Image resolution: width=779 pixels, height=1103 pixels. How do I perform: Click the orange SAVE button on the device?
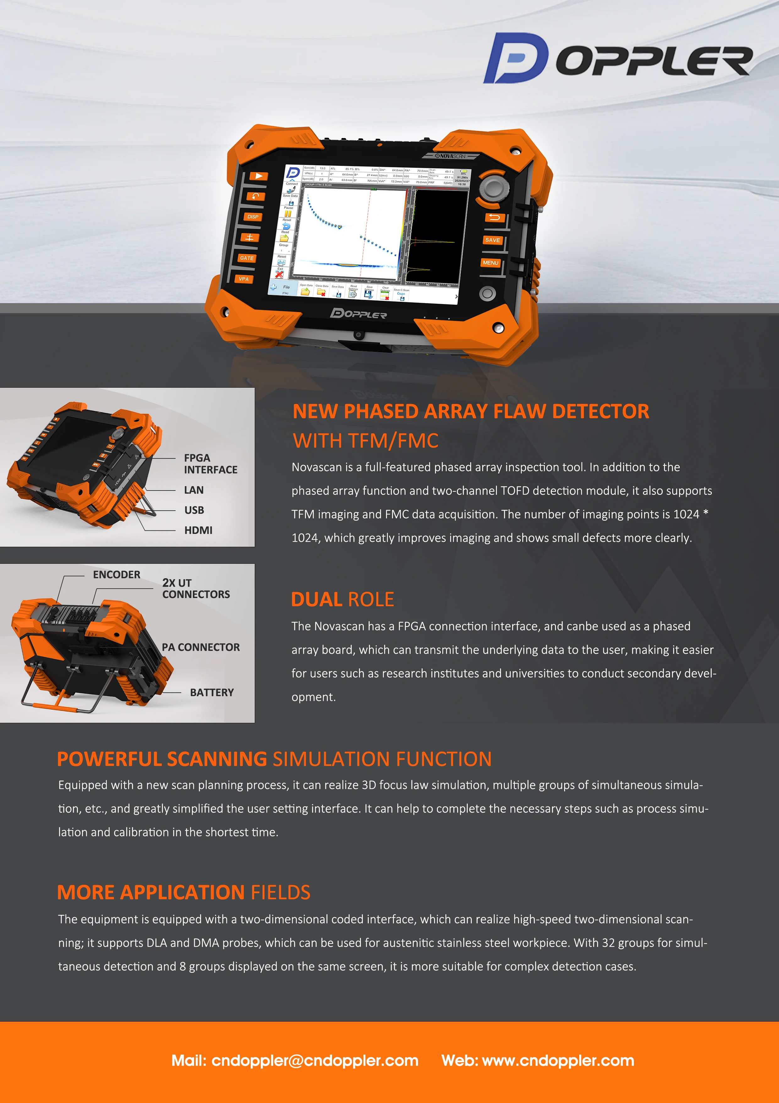[x=493, y=240]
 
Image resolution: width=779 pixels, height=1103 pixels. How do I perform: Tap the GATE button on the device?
[x=247, y=258]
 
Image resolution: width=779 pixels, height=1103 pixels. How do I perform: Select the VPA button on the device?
[x=244, y=279]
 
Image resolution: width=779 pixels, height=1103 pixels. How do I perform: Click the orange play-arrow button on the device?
[x=258, y=176]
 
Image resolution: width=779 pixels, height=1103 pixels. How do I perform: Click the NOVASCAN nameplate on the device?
[x=450, y=156]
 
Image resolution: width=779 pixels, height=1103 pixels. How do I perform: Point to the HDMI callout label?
[x=198, y=530]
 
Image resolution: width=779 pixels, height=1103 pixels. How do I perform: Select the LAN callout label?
[x=194, y=490]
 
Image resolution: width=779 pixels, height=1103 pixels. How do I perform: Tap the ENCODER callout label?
[x=117, y=574]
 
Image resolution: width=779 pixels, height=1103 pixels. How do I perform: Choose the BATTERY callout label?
[x=212, y=692]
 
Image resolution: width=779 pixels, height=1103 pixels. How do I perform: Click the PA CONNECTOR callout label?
[x=201, y=647]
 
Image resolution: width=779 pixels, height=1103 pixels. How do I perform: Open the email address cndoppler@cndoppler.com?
[x=315, y=1060]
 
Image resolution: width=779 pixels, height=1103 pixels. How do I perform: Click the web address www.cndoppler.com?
[x=558, y=1060]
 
